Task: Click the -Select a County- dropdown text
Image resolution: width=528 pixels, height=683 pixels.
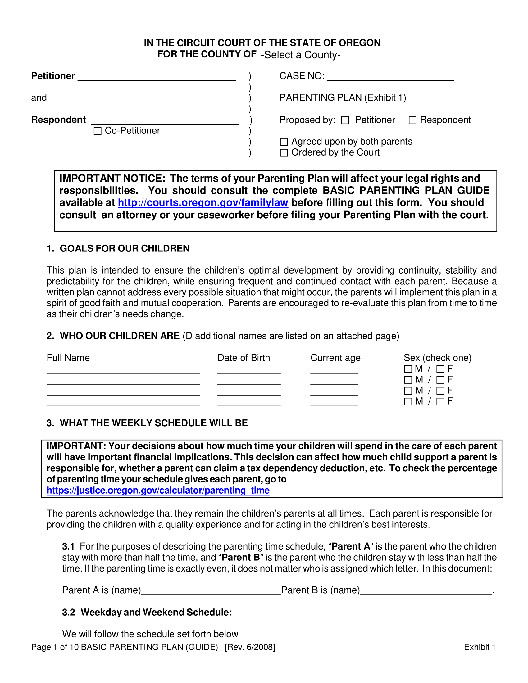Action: [301, 55]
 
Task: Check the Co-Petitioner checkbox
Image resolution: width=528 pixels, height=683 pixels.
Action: [98, 131]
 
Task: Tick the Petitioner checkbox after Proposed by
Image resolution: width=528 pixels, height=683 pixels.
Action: [345, 120]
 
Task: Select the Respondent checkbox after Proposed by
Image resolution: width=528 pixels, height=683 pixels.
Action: [412, 120]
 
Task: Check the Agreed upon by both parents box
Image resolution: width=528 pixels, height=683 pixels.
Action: [284, 142]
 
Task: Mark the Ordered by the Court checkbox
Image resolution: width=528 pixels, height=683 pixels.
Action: [284, 153]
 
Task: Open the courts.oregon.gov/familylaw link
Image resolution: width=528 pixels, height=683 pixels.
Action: [203, 203]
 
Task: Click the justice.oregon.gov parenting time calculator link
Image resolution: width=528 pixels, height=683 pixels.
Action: [158, 490]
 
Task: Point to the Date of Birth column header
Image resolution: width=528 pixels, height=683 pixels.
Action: [244, 358]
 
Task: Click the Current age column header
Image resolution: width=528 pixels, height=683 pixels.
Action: [335, 358]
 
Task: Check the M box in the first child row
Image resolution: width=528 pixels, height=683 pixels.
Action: [408, 369]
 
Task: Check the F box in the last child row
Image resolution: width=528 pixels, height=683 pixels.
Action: [440, 401]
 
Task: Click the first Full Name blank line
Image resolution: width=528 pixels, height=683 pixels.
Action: [123, 370]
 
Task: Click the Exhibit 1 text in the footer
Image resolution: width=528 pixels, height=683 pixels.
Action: [480, 647]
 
